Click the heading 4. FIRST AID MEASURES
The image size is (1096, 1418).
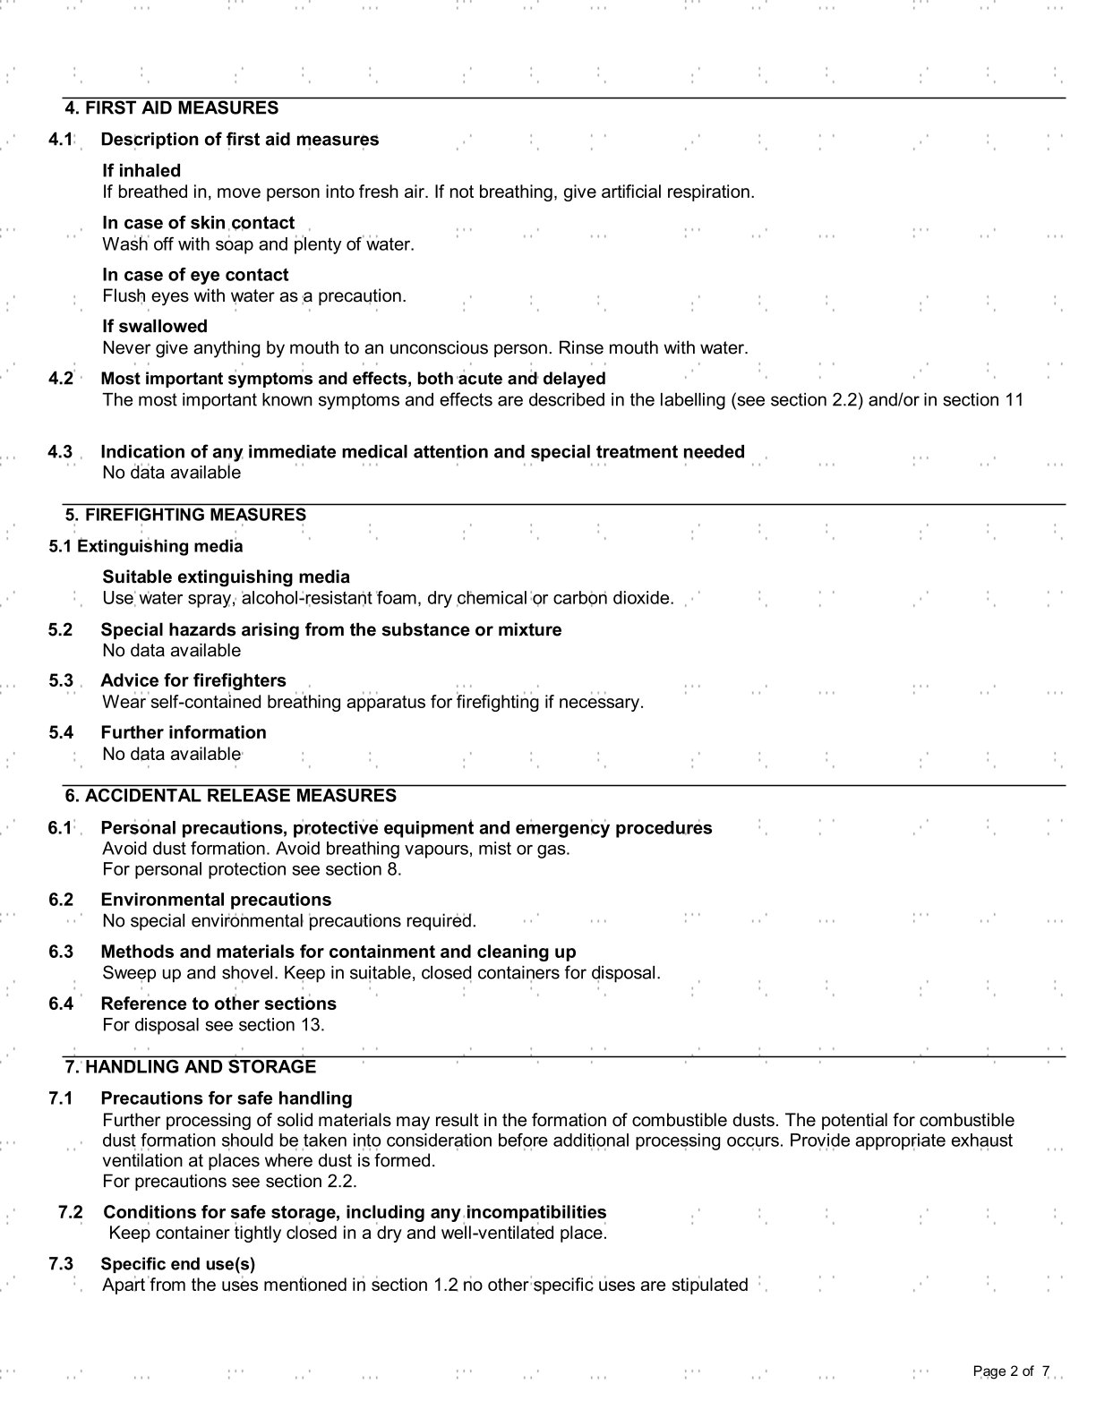coord(172,108)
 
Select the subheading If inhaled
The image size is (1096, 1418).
coord(141,171)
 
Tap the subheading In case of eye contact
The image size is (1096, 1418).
coord(195,275)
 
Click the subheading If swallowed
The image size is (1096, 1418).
coord(155,327)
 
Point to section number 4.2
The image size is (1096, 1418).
coord(61,379)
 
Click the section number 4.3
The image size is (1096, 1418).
coord(61,452)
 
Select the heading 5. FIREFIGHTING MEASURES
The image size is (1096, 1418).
coord(185,515)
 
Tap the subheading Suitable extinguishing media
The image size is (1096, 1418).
coord(226,577)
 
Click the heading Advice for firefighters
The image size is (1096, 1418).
coord(193,681)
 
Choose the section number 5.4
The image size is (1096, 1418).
coord(61,733)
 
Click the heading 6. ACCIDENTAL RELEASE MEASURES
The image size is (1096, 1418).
coord(230,796)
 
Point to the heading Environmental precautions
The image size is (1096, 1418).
coord(216,901)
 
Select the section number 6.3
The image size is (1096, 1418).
coord(61,952)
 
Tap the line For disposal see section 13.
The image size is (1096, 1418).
coord(213,1025)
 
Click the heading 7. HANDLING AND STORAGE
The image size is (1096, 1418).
coord(191,1067)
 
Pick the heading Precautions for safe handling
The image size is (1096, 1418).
coord(227,1098)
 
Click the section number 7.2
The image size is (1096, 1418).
coord(71,1213)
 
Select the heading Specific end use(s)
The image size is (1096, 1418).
coord(178,1265)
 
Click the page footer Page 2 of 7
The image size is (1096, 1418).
coord(1011,1371)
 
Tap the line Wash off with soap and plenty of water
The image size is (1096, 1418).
coord(258,244)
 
